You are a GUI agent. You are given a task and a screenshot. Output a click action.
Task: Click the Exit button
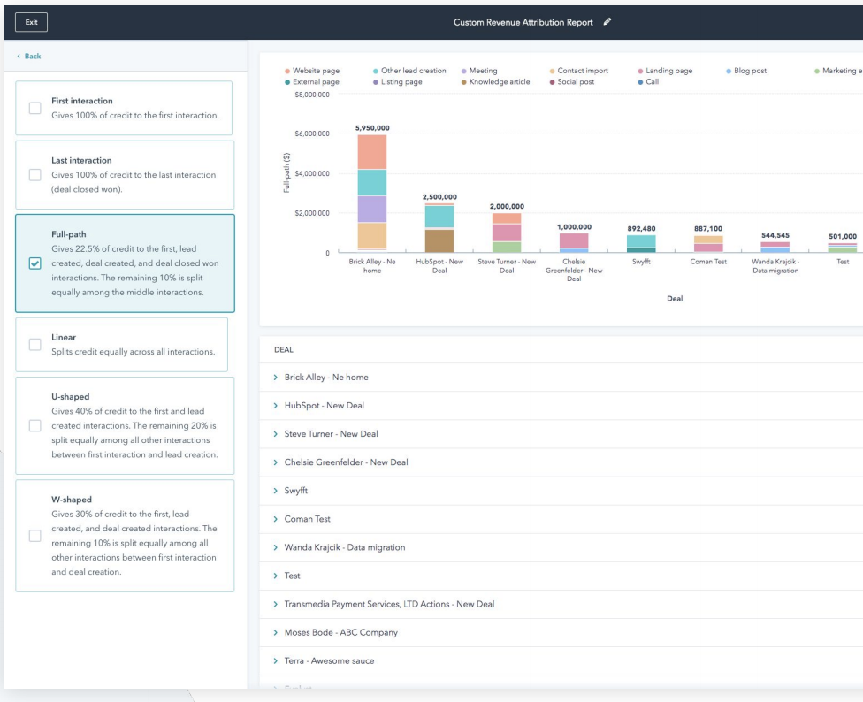coord(31,21)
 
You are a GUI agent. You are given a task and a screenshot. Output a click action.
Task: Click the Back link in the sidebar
coord(29,57)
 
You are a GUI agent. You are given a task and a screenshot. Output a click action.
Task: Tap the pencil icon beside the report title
coord(607,21)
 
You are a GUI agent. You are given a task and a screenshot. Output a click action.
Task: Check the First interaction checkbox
coord(35,108)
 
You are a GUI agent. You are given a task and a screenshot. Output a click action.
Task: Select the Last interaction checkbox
coord(35,175)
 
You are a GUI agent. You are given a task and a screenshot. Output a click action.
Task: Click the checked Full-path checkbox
coord(35,263)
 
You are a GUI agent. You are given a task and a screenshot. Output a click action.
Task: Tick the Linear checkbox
coord(35,345)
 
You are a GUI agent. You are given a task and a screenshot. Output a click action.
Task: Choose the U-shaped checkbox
coord(35,426)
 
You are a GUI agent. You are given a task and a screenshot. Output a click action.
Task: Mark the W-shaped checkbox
coord(35,536)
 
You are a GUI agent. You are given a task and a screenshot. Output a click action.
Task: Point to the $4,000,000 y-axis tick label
coord(311,173)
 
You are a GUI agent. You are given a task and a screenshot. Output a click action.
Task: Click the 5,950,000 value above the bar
coord(372,128)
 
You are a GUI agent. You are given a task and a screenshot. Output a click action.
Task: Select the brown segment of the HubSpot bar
coord(439,240)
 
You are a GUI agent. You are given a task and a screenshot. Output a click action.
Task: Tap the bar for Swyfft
coord(641,243)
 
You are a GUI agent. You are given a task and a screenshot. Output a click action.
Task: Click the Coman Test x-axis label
coord(708,263)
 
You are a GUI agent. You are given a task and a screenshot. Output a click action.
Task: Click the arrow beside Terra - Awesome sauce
coord(276,660)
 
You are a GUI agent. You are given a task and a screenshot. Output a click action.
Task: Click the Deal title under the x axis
coord(675,299)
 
